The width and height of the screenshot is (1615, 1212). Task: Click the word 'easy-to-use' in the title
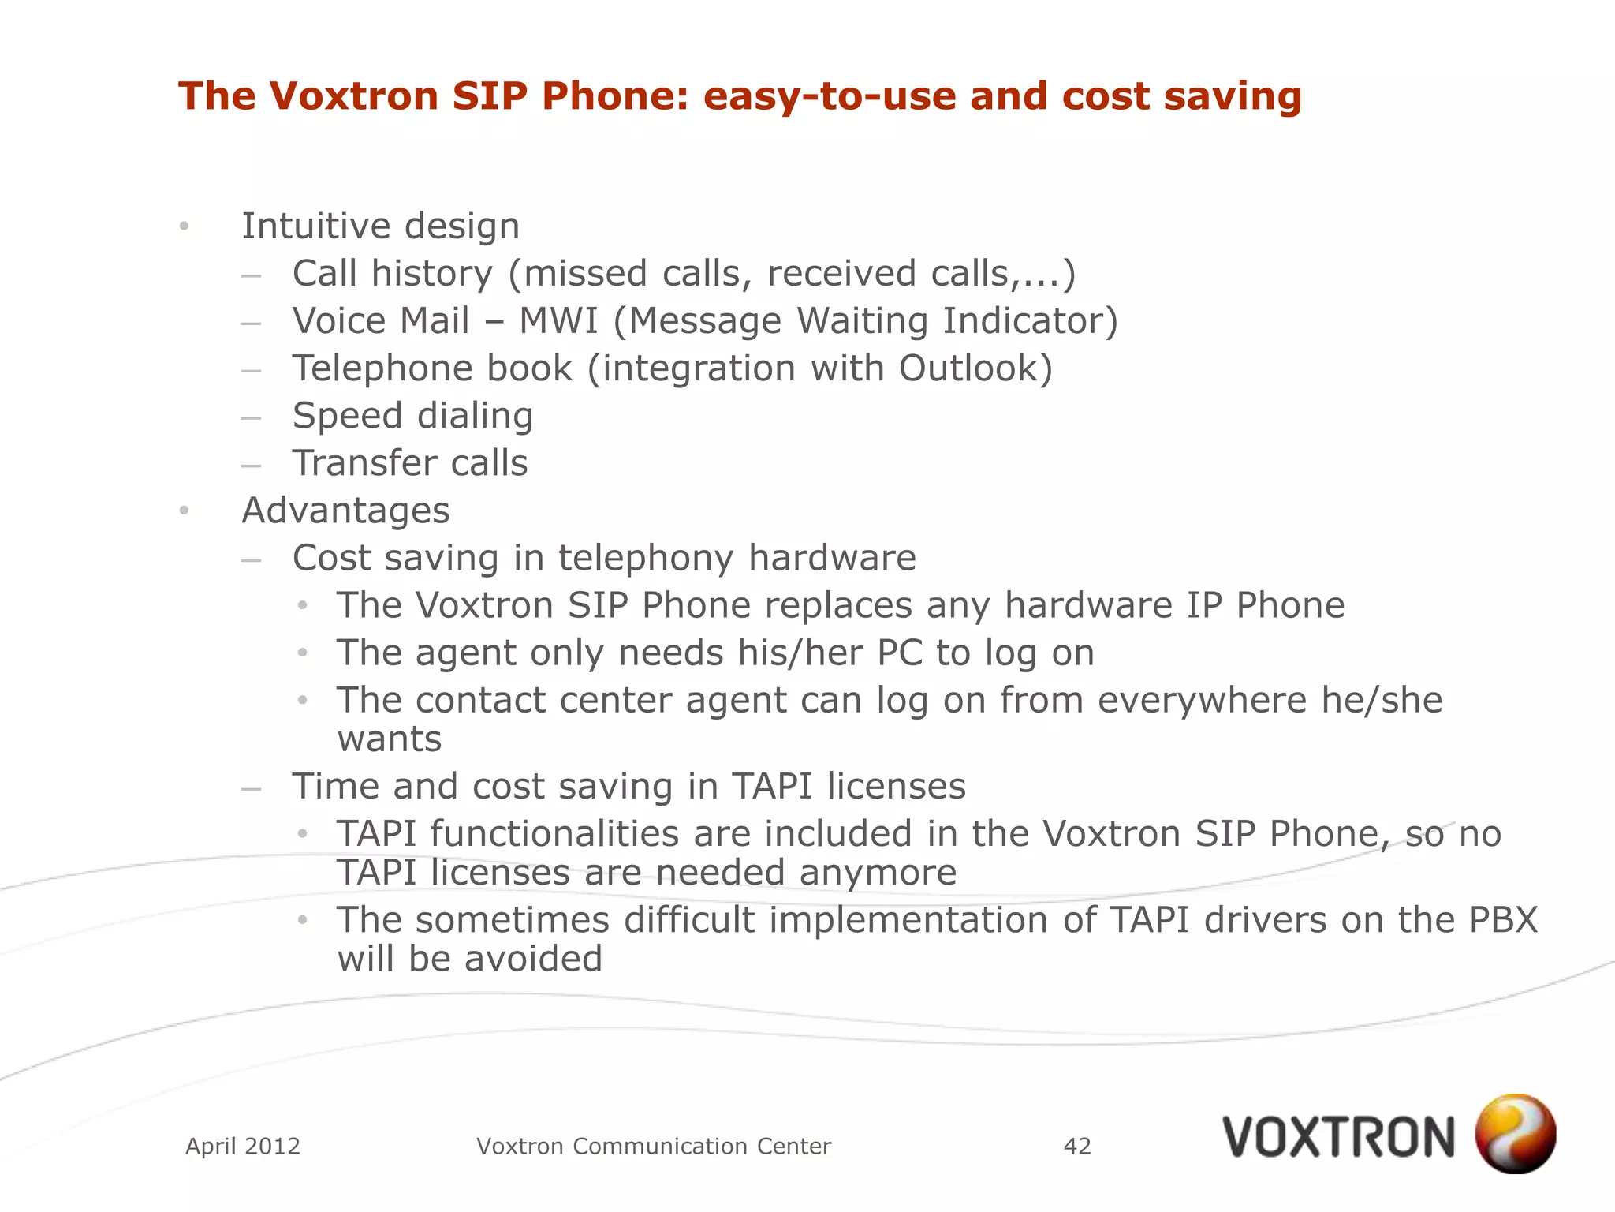(829, 96)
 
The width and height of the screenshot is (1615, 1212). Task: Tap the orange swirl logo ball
(1515, 1133)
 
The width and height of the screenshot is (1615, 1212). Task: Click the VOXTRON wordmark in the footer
(1338, 1137)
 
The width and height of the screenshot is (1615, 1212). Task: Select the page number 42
(1077, 1146)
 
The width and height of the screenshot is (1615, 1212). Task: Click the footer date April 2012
(243, 1146)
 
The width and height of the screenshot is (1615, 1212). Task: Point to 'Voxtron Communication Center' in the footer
(654, 1146)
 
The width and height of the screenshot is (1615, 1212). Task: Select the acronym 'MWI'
(558, 321)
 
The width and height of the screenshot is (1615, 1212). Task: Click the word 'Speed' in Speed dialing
(347, 416)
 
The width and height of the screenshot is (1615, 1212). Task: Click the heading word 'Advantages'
(345, 511)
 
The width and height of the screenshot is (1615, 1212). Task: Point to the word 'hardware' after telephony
(832, 558)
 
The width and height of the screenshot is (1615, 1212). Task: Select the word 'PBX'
(1503, 920)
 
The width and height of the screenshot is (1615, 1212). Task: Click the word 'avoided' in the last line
(533, 959)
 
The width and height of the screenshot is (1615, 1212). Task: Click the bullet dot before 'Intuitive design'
(184, 227)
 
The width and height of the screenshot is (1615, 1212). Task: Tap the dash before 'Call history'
(251, 276)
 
